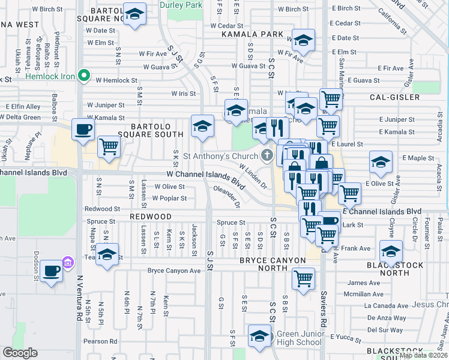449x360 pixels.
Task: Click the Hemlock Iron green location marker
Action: [x=85, y=76]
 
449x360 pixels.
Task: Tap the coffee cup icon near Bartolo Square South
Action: [x=83, y=129]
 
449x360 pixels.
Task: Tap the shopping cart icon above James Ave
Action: [x=303, y=278]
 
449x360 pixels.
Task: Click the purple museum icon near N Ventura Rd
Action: [x=68, y=262]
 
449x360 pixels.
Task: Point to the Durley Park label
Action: [x=181, y=4]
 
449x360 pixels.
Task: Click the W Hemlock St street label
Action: [x=117, y=80]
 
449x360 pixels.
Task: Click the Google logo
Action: [x=20, y=353]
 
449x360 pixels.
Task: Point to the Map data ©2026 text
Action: [x=424, y=355]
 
